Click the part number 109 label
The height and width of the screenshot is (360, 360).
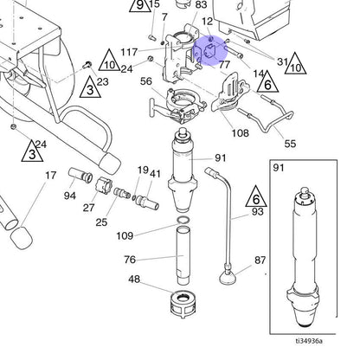point(125,236)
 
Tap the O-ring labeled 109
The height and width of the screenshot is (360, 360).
point(183,221)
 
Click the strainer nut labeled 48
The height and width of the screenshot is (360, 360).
point(183,304)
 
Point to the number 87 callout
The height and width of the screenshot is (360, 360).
point(260,260)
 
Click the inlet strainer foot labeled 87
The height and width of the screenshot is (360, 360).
point(228,278)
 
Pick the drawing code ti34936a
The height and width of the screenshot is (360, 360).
point(309,341)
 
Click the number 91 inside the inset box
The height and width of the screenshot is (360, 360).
point(279,168)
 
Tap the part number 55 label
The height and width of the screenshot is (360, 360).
point(290,144)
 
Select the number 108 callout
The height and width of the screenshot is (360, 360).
point(240,133)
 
